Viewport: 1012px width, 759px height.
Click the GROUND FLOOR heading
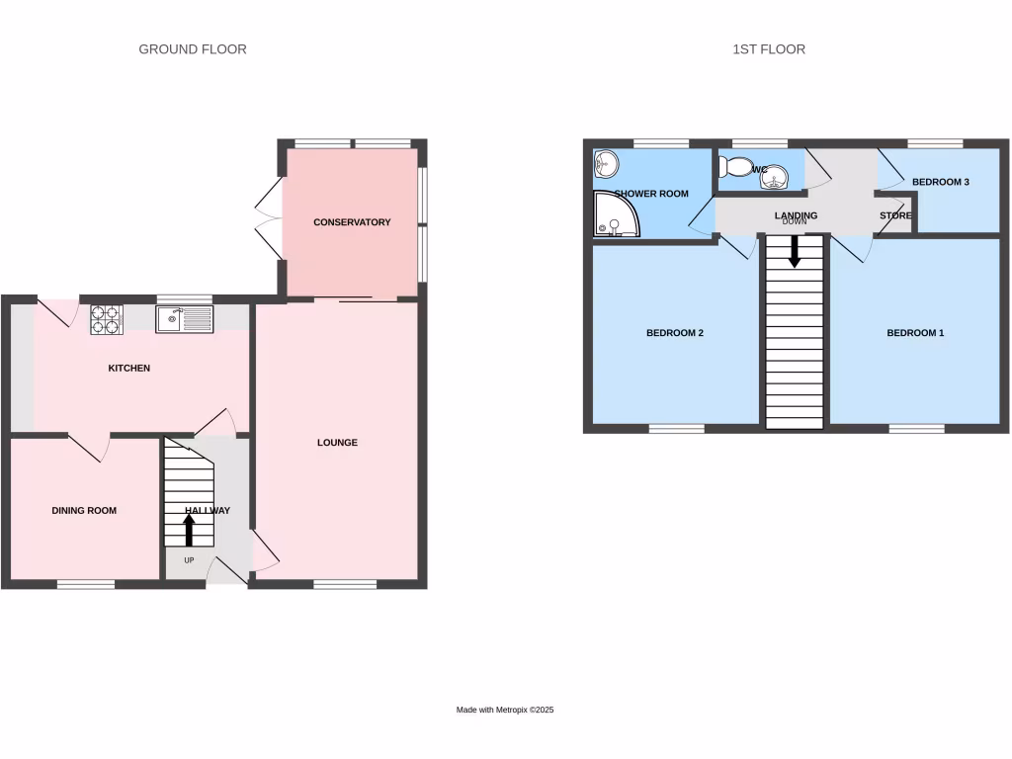193,49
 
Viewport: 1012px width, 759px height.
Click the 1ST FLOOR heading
769,49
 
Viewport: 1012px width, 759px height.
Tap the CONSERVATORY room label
352,222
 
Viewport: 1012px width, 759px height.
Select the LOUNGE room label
337,443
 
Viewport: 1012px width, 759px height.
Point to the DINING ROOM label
84,511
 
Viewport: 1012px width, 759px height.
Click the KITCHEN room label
129,369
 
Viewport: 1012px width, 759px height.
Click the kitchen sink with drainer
184,318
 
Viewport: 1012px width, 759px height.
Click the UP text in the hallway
189,560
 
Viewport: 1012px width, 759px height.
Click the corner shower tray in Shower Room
614,216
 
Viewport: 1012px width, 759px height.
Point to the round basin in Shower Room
605,163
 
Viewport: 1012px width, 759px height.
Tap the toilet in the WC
734,168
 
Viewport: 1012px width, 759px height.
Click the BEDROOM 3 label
940,183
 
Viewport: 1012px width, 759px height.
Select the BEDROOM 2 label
675,333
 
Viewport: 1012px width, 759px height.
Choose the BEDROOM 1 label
915,333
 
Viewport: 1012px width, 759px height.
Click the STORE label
895,215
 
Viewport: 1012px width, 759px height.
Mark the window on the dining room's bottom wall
85,584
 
